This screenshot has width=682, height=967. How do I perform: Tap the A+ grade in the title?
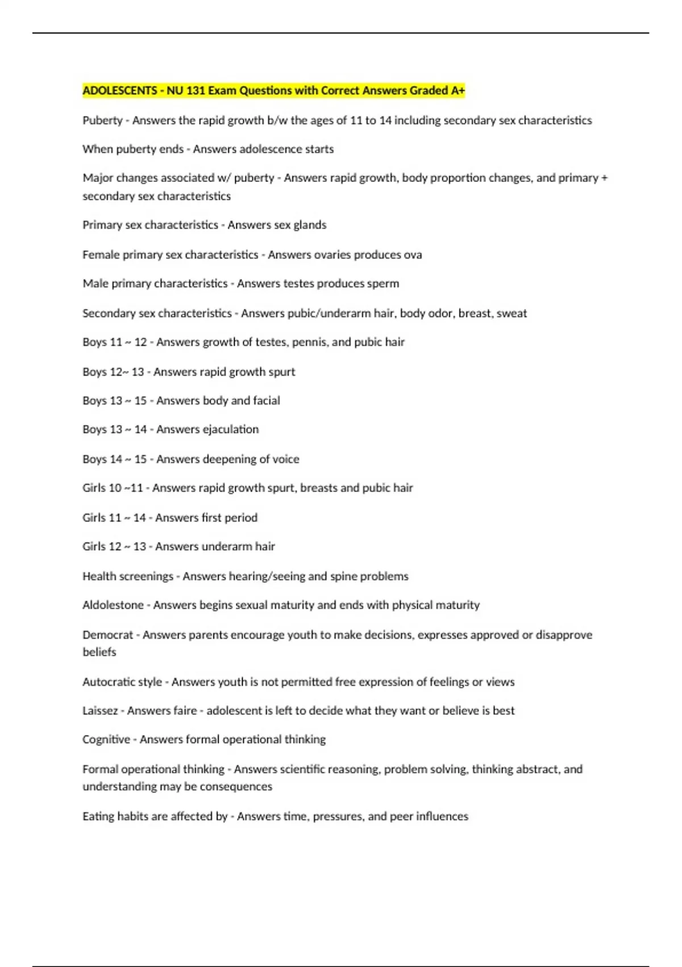(x=458, y=90)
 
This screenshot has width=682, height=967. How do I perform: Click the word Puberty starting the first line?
(x=102, y=121)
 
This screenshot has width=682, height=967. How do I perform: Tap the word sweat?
(x=511, y=313)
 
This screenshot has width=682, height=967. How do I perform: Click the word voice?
(x=286, y=459)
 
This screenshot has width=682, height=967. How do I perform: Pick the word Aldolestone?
(x=113, y=605)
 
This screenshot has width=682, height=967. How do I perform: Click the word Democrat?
(x=107, y=635)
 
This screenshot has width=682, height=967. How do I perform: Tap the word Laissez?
(x=100, y=711)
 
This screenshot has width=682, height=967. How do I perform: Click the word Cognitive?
(x=106, y=739)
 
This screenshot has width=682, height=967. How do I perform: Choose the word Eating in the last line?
(x=98, y=816)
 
